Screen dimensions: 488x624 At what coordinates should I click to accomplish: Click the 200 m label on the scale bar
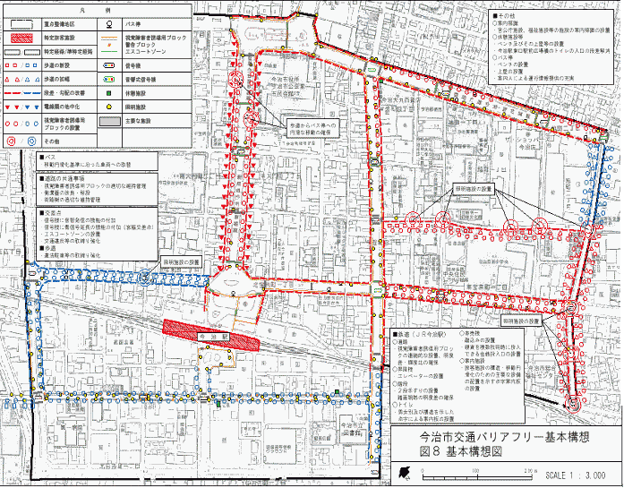(531, 468)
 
